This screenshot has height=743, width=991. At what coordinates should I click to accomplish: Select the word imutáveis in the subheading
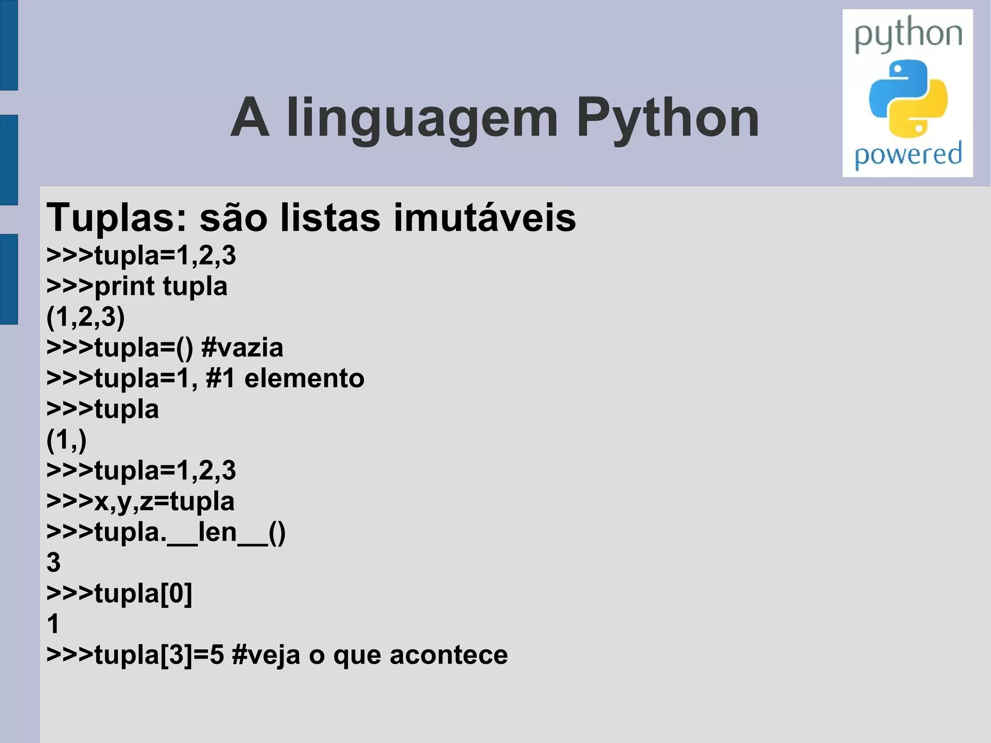(x=485, y=218)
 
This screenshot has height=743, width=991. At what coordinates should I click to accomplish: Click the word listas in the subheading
(x=330, y=218)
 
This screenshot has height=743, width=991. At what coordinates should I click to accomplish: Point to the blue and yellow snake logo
(x=908, y=98)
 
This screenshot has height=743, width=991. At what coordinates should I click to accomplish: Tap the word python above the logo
(x=908, y=34)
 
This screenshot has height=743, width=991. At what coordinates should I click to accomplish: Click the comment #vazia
(x=242, y=348)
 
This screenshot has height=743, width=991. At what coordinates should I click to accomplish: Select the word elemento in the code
(x=304, y=379)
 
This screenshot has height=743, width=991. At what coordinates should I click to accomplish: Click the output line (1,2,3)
(x=86, y=317)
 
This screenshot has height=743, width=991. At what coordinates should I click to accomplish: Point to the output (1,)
(x=67, y=440)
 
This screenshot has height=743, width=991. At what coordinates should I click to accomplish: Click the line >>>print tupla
(x=137, y=286)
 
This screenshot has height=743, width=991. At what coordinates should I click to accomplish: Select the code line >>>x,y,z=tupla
(x=140, y=501)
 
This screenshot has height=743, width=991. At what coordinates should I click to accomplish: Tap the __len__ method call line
(x=166, y=532)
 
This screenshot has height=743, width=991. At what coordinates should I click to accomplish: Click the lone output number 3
(x=54, y=562)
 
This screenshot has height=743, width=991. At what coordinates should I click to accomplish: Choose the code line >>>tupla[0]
(x=119, y=593)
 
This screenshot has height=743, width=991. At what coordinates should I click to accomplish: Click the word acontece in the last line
(x=449, y=655)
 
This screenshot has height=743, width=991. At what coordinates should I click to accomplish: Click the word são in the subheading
(x=233, y=218)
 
